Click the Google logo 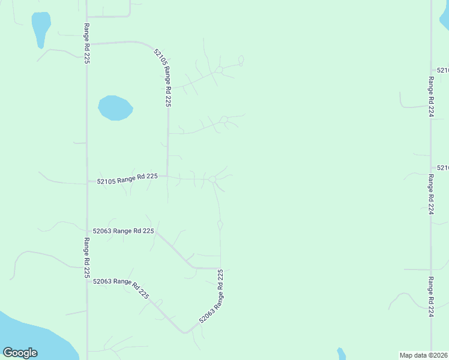(x=20, y=353)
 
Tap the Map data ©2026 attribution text (x=423, y=355)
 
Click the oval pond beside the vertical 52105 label (x=115, y=108)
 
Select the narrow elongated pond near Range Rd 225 (x=40, y=28)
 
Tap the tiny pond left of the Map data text (x=341, y=353)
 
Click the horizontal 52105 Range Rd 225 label (x=127, y=178)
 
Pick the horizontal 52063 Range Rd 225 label (x=123, y=231)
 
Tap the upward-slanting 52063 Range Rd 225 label (x=212, y=296)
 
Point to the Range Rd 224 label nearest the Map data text (x=431, y=296)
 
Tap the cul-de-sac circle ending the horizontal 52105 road (x=212, y=179)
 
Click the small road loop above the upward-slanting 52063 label (x=220, y=226)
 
